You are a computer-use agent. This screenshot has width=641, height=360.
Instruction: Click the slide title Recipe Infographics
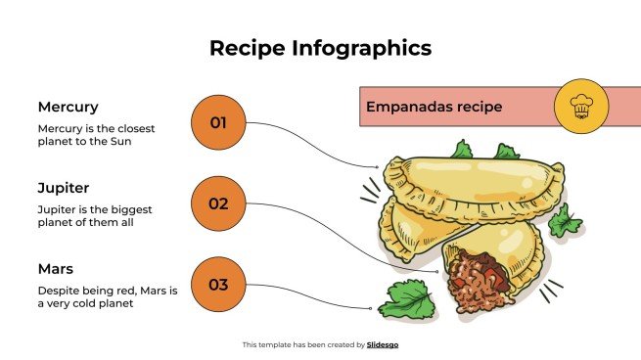(x=320, y=48)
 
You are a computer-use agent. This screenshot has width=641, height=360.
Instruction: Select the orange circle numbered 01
(x=218, y=122)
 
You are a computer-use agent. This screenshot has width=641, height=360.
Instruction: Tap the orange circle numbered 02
(x=218, y=203)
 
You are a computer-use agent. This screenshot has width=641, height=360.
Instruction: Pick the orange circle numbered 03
(x=218, y=285)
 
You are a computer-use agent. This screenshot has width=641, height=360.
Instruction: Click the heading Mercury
(x=68, y=107)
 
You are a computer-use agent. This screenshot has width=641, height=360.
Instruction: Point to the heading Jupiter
(x=64, y=187)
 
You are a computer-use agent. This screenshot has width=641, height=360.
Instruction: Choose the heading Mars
(x=56, y=268)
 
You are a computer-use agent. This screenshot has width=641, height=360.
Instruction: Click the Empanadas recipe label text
(x=434, y=107)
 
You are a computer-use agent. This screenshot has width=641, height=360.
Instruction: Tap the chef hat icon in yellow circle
(x=582, y=106)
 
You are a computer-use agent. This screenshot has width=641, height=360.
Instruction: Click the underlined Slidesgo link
(x=382, y=344)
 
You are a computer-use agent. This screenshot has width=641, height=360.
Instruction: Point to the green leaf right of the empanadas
(x=564, y=222)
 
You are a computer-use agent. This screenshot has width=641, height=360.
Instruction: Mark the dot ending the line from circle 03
(x=372, y=308)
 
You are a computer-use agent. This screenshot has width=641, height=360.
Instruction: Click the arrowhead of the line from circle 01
(x=376, y=167)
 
